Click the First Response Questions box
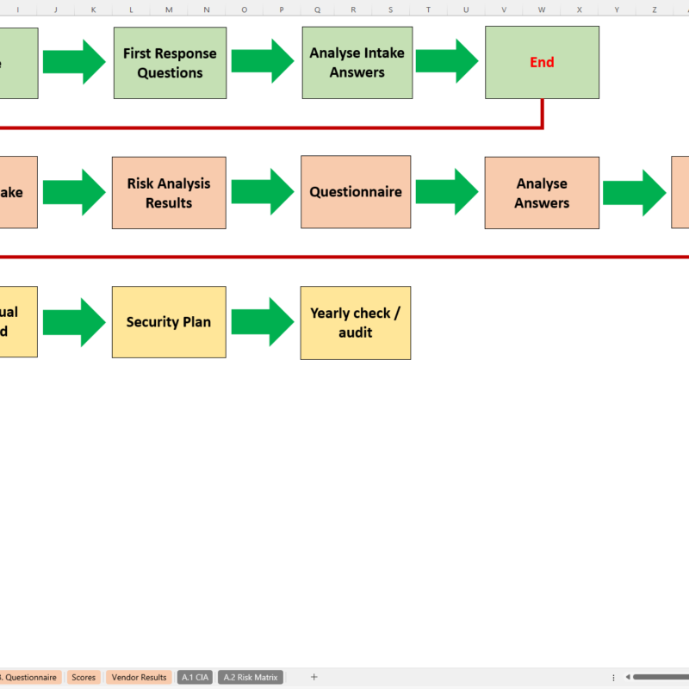point(170,63)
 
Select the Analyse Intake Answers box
point(357,63)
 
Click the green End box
point(542,62)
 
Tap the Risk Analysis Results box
point(169,193)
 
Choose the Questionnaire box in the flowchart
point(356,192)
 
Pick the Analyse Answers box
point(542,193)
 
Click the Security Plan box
point(169,322)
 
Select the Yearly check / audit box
point(356,323)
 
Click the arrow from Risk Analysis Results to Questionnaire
point(264,192)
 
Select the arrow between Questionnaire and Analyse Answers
point(447,192)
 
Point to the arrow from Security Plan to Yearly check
point(264,322)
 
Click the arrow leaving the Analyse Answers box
point(634,193)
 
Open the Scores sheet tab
point(84,678)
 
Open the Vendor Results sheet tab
point(139,678)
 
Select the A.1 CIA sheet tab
point(196,678)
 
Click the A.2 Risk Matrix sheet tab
point(250,678)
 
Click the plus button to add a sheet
point(313,678)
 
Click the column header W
point(541,9)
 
